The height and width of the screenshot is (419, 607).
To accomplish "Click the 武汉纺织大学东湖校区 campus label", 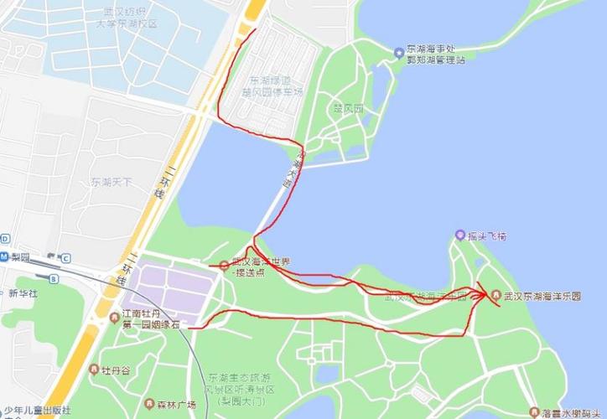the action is (x=126, y=18).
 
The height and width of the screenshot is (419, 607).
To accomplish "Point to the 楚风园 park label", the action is (x=348, y=110).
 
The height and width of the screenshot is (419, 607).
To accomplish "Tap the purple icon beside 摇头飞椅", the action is (x=459, y=235).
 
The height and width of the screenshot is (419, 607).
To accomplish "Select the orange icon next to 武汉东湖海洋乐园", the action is (x=495, y=296).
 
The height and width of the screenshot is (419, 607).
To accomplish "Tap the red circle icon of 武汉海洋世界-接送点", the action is (x=223, y=266).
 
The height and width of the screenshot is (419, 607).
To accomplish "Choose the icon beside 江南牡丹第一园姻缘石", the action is (x=114, y=316).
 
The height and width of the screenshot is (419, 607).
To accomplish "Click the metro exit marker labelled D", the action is (x=4, y=238).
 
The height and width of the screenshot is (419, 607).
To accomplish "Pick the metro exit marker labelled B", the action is (x=53, y=278).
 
